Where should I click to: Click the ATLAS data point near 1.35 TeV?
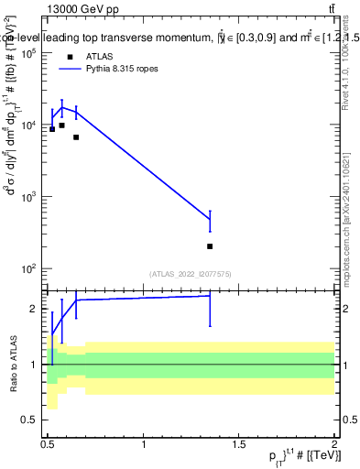[x=210, y=246]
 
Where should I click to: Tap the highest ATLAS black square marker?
[x=61, y=125]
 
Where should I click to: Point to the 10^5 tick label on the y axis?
[x=28, y=53]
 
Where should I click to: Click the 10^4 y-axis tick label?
[x=28, y=125]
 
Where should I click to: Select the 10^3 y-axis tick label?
[x=28, y=197]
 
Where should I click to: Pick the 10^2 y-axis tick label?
[x=28, y=269]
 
